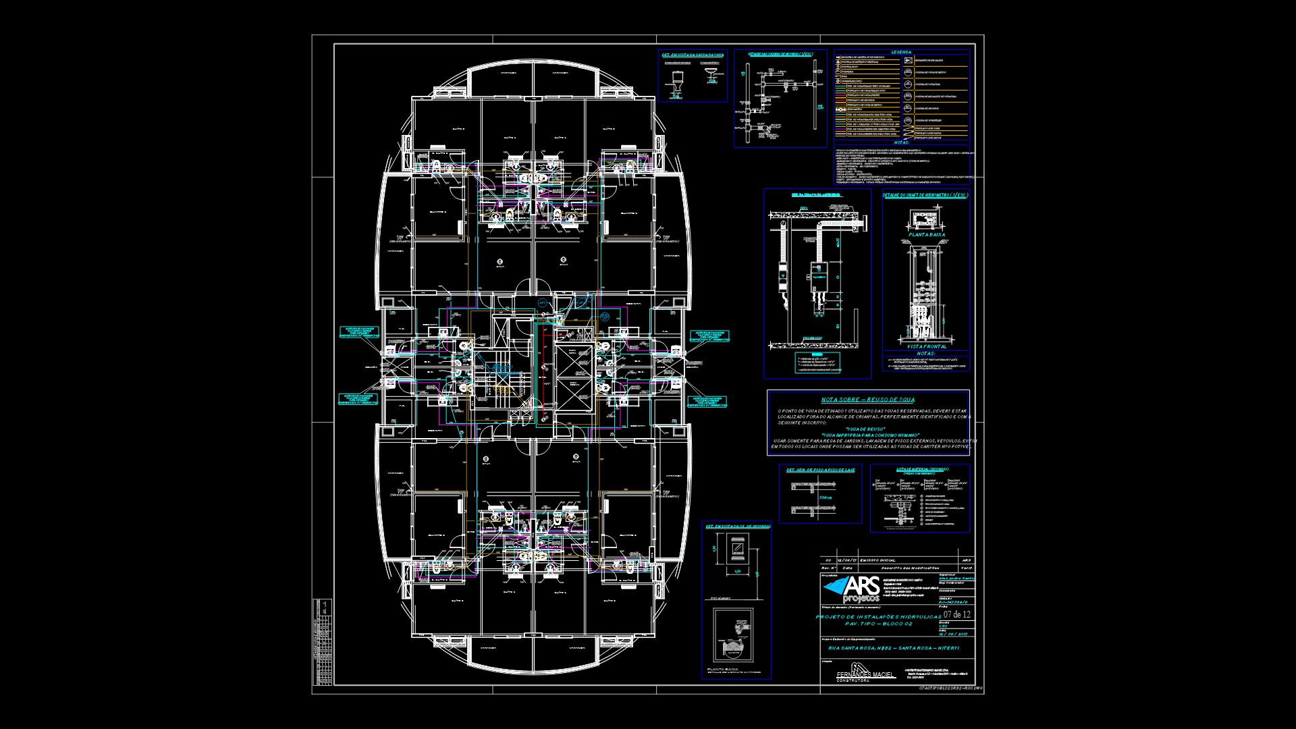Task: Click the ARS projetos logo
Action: (x=852, y=589)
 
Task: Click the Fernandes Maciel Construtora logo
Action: (x=865, y=673)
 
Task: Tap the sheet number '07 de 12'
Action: (x=956, y=614)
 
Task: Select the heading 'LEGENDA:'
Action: (x=901, y=52)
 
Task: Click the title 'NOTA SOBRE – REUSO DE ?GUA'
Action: (x=867, y=400)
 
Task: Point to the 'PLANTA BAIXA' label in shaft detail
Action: (x=927, y=235)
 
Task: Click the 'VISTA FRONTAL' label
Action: (x=927, y=346)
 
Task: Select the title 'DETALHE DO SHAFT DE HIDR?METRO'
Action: (x=925, y=195)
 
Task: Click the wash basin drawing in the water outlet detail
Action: (x=711, y=75)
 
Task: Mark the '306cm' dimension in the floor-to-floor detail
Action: (x=825, y=497)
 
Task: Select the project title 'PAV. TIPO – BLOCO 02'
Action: (x=878, y=624)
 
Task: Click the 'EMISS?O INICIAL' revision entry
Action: (x=878, y=560)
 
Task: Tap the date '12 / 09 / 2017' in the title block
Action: (x=952, y=634)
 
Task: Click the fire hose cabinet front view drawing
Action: (x=738, y=549)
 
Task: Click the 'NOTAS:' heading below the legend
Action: (x=901, y=142)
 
